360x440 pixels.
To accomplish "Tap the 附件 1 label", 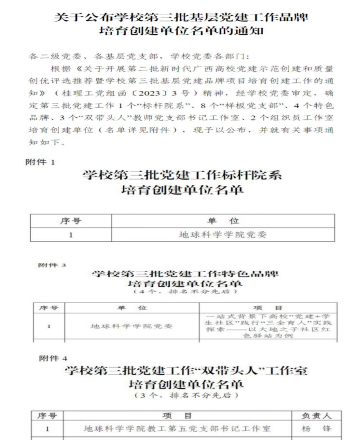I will point(40,162).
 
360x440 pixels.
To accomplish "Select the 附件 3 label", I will point(52,265).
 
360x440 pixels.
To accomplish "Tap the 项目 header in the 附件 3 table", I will point(269,308).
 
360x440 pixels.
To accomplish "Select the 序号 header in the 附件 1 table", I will point(71,221).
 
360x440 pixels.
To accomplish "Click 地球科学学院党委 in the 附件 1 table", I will point(223,234).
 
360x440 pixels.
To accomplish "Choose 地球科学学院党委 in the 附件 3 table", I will point(132,326).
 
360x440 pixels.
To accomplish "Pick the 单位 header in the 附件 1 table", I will point(223,221).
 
